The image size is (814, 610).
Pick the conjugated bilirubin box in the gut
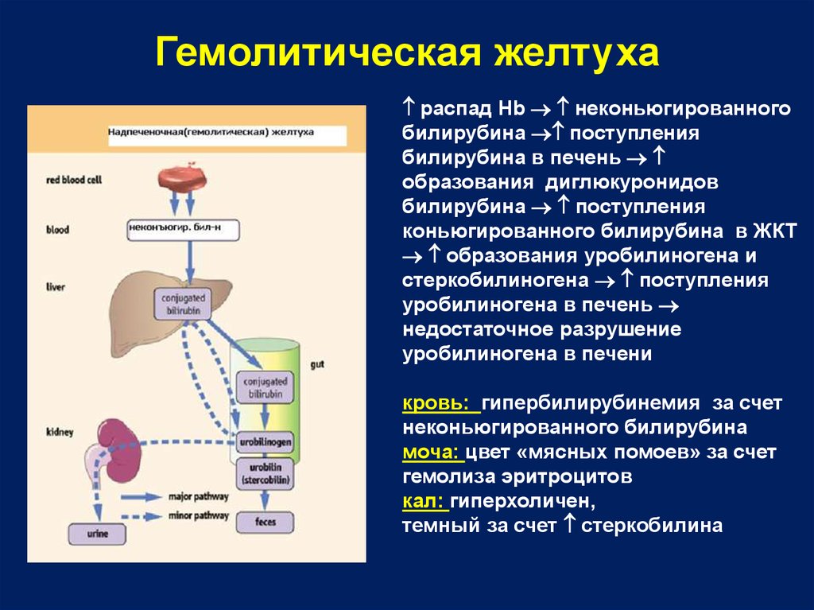pyautogui.click(x=265, y=387)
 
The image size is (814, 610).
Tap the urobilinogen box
pyautogui.click(x=266, y=440)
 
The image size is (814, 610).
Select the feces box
pyautogui.click(x=265, y=523)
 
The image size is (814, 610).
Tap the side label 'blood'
pyautogui.click(x=58, y=230)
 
